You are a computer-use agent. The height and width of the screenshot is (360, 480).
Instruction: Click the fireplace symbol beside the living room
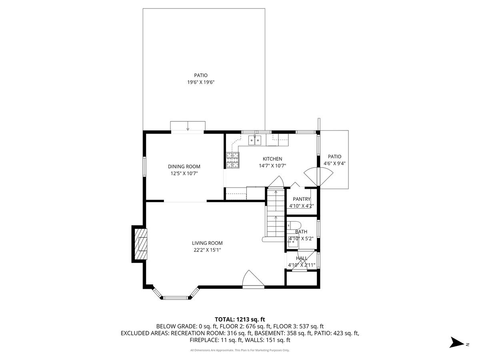140,244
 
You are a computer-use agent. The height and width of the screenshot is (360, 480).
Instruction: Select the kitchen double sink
254,140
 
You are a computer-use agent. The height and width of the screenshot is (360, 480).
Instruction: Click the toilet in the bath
292,225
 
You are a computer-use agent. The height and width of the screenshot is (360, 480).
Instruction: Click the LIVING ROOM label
207,243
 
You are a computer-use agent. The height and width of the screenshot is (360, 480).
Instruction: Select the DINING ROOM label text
184,167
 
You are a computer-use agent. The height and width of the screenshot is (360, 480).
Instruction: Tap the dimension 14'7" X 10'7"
272,166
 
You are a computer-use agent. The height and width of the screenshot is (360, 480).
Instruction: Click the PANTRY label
302,199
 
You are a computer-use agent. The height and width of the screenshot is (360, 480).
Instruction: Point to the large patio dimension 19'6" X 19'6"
201,82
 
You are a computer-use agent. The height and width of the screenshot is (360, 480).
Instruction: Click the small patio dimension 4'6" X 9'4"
334,163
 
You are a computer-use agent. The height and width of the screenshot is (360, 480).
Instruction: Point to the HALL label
302,259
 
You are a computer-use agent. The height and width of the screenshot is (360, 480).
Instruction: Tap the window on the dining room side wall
144,166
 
